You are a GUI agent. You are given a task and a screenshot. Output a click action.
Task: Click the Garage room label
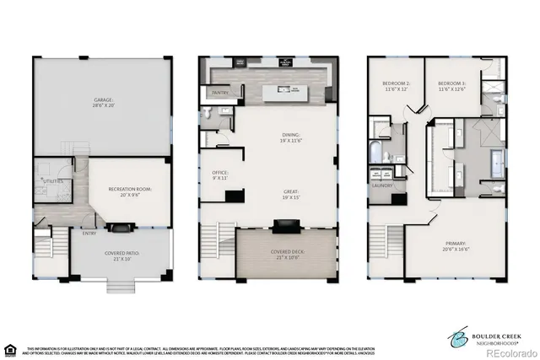(x=102, y=103)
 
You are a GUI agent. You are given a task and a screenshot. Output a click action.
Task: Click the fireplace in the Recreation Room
(x=121, y=227)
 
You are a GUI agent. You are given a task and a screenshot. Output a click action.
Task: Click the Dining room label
(x=290, y=137)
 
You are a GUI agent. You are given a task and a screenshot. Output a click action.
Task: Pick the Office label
(x=219, y=175)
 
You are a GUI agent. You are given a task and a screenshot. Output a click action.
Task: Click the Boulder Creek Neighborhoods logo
(x=489, y=336)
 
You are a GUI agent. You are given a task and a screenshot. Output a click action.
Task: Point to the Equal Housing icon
(x=10, y=348)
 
